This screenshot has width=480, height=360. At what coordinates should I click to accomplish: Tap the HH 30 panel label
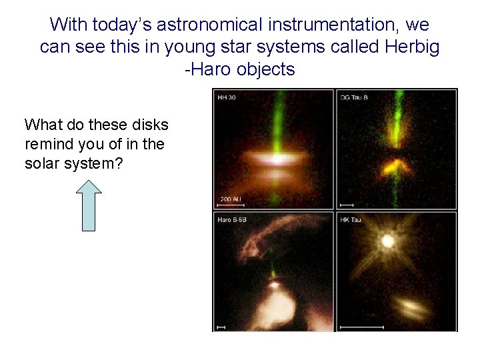(227, 99)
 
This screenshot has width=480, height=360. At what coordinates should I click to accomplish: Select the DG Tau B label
(355, 99)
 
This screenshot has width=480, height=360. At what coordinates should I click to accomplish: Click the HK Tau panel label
(351, 220)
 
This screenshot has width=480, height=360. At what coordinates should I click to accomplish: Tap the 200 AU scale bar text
(231, 198)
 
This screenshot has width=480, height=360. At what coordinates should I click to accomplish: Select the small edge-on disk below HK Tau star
(412, 307)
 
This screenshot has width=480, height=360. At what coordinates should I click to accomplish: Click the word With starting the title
(69, 25)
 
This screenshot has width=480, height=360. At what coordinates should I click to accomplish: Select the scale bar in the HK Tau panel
(362, 327)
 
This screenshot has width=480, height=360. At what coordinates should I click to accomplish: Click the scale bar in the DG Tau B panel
(347, 204)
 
